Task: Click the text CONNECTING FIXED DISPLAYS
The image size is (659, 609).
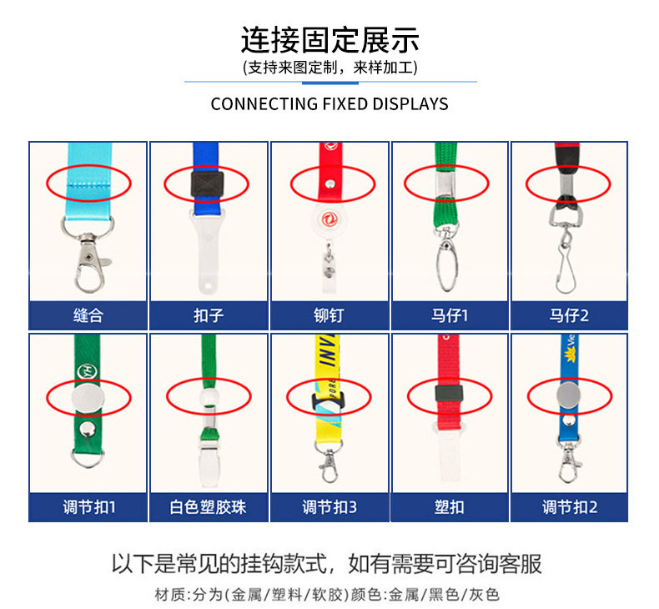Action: point(329,104)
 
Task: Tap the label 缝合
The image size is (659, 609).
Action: point(88,316)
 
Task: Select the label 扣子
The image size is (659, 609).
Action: point(209,316)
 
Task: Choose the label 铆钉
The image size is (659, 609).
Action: point(329,316)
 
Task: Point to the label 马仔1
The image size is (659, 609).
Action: point(450,316)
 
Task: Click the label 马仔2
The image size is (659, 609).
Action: point(570,316)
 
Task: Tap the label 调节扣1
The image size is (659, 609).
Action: point(88,506)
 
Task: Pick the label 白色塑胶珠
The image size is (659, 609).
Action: point(209,506)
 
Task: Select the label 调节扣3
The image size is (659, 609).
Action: point(329,506)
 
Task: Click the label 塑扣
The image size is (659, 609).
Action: point(450,506)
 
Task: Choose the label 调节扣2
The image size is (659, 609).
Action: point(570,506)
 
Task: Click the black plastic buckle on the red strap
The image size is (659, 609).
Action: point(448,391)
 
